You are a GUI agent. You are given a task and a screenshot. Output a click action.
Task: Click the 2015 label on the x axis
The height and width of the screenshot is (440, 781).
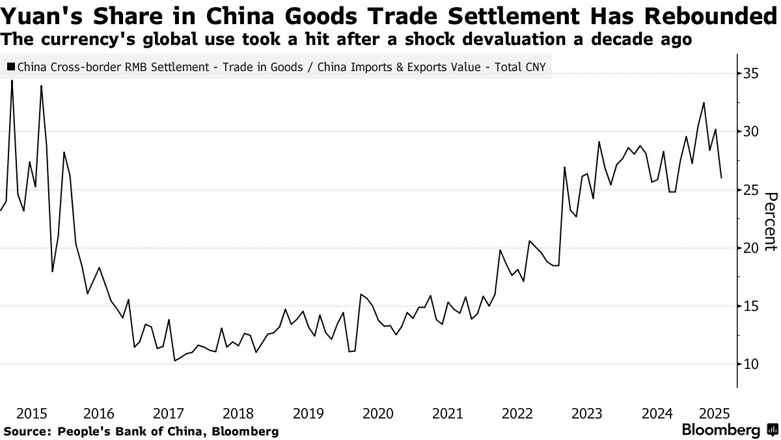[31, 413]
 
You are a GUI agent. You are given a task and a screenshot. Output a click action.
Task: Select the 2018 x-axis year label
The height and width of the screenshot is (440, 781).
[238, 413]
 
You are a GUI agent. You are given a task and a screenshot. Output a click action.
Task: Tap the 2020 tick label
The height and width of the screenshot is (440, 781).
[377, 413]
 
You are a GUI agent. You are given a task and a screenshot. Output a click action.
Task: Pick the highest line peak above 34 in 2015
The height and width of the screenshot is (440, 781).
[12, 81]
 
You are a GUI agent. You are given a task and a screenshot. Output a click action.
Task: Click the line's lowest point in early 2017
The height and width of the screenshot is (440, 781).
[174, 360]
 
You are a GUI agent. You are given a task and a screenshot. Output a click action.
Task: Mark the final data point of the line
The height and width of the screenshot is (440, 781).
[720, 177]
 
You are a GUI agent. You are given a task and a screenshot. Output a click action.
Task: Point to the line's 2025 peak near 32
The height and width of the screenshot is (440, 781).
[704, 102]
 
